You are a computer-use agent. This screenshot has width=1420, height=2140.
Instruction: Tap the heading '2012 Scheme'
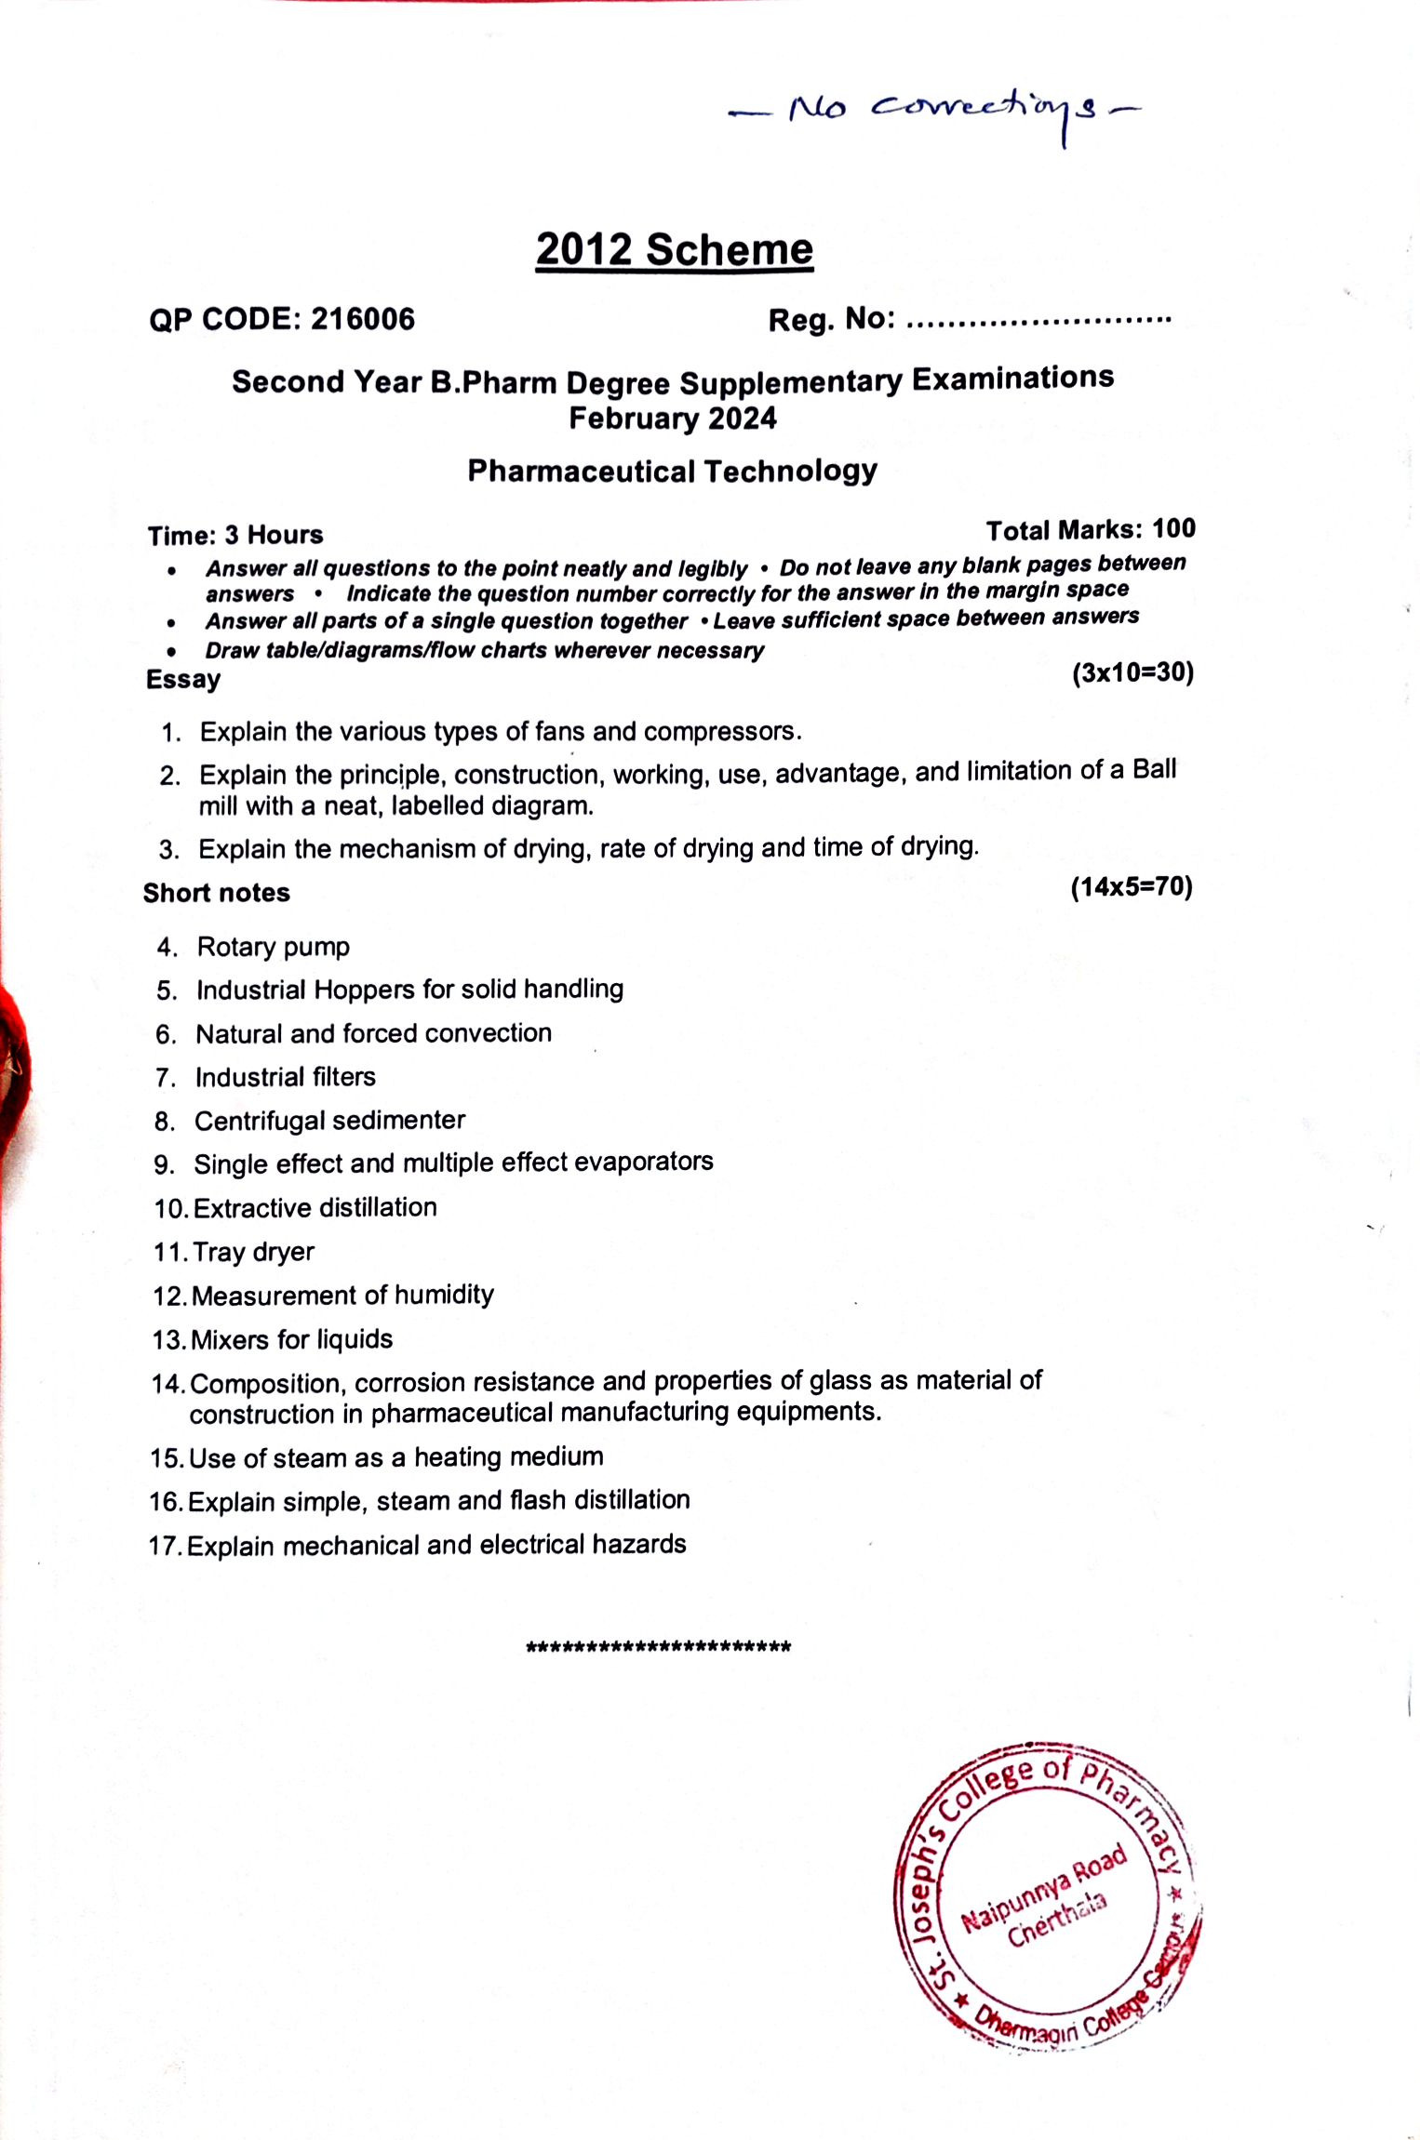coord(674,250)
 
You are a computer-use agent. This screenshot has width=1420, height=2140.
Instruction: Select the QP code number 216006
coord(363,319)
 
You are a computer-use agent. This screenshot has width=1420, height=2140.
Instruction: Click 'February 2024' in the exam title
coord(673,419)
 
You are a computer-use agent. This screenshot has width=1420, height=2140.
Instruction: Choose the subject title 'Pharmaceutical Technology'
coord(672,471)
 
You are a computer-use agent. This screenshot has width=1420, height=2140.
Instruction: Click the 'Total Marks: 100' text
coord(1090,529)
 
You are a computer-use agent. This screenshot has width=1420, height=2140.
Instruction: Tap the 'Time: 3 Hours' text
coord(235,535)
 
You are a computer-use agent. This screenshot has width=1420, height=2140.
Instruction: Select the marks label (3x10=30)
coord(1132,672)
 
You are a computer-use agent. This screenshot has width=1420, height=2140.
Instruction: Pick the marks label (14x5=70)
coord(1131,886)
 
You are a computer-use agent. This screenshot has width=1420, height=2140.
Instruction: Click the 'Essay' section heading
coord(183,679)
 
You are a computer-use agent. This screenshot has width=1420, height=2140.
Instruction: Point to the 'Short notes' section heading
coord(217,893)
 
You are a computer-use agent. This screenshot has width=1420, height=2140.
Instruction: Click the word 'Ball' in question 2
coord(1154,770)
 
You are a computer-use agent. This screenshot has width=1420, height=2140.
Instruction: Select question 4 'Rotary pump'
coord(273,947)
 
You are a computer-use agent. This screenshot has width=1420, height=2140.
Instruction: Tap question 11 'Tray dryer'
coord(253,1252)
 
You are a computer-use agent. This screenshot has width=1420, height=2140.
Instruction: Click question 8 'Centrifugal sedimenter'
coord(329,1121)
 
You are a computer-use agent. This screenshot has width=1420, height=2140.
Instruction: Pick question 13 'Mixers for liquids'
coord(291,1339)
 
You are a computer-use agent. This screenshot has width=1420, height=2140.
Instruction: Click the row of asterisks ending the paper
coord(658,1647)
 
